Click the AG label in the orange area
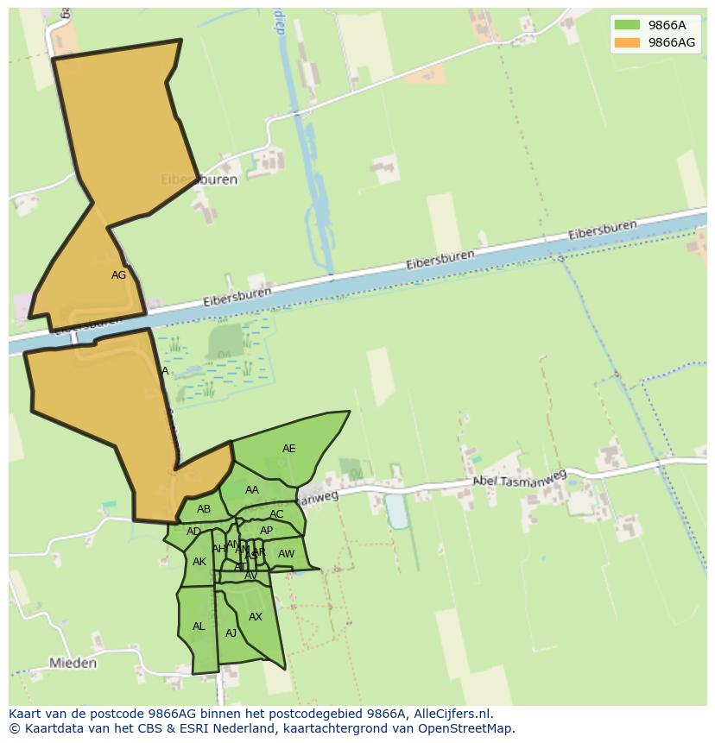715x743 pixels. (119, 275)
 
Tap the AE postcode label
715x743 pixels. (288, 449)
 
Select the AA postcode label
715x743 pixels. (251, 490)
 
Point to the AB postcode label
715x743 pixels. (204, 509)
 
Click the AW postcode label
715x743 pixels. (286, 554)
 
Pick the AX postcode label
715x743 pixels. (256, 617)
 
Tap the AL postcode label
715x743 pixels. (199, 627)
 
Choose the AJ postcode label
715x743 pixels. (231, 633)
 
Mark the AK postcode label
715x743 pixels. (199, 562)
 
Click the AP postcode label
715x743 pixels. (266, 531)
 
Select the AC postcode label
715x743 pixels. (276, 514)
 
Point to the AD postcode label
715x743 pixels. (193, 532)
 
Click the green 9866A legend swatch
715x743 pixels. (627, 25)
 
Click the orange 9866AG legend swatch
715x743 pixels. (627, 42)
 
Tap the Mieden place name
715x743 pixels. (73, 664)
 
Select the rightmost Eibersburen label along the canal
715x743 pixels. (603, 230)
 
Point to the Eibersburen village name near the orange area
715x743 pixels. (199, 180)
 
